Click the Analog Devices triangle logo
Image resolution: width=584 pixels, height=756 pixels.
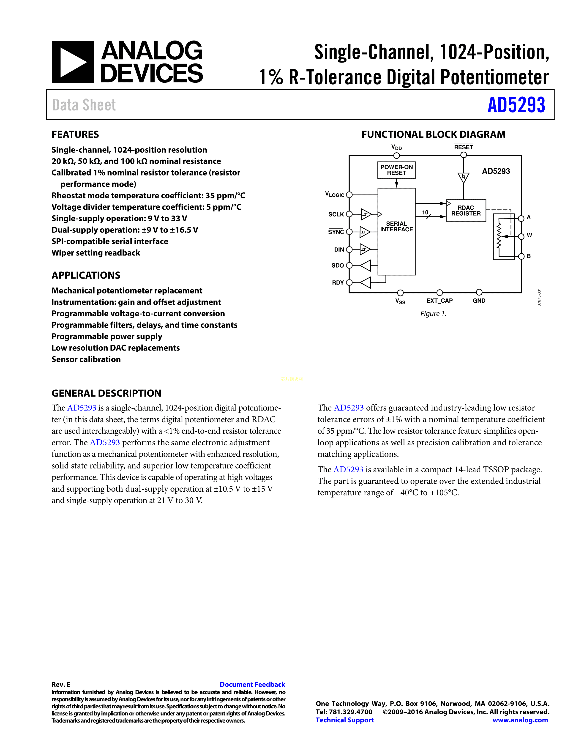pos(73,62)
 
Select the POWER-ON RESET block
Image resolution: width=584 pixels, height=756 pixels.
pos(396,170)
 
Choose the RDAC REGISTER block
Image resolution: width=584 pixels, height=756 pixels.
pos(466,211)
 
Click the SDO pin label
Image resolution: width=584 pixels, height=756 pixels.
pos(337,266)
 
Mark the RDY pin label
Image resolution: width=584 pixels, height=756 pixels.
pos(338,283)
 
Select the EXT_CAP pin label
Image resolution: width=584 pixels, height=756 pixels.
pos(439,301)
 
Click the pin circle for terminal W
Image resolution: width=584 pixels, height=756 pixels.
pos(521,236)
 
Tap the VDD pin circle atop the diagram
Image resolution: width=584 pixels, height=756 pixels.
pos(396,155)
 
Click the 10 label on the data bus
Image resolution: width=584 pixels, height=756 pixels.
pos(425,212)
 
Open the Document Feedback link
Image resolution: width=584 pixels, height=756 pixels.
pos(252,684)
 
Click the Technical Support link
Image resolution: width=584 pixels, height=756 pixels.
pos(345,720)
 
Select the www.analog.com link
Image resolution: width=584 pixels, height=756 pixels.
pos(520,720)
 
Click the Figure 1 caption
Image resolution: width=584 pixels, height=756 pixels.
pos(433,314)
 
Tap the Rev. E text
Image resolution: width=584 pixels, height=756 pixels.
pos(61,684)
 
